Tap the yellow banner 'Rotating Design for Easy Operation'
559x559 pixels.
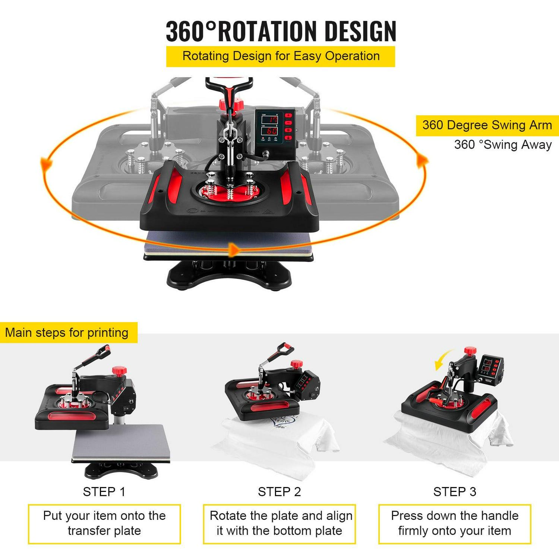pyautogui.click(x=281, y=56)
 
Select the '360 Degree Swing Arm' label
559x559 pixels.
pyautogui.click(x=487, y=125)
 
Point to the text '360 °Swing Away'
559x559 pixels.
pyautogui.click(x=503, y=145)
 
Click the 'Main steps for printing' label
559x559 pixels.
pyautogui.click(x=67, y=332)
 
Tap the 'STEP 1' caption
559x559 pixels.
pyautogui.click(x=104, y=492)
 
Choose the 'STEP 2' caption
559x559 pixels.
pyautogui.click(x=279, y=492)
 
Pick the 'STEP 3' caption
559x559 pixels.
pyautogui.click(x=455, y=492)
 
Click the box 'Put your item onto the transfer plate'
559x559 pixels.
pyautogui.click(x=104, y=524)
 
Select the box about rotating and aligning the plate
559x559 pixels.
pyautogui.click(x=279, y=524)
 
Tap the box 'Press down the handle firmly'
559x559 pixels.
pyautogui.click(x=455, y=524)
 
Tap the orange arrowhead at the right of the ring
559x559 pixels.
pyautogui.click(x=422, y=161)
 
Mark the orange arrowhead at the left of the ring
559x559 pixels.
pyautogui.click(x=46, y=164)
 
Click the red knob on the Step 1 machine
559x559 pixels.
pyautogui.click(x=120, y=371)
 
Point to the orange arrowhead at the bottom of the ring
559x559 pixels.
pyautogui.click(x=234, y=250)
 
